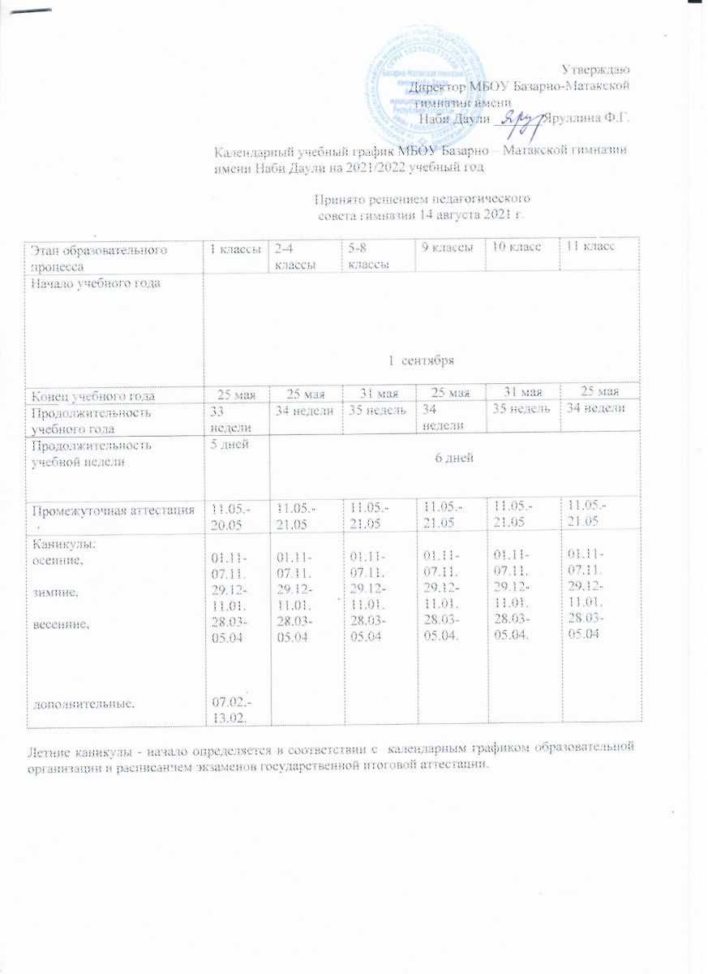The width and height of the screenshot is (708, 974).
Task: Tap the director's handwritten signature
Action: [x=520, y=119]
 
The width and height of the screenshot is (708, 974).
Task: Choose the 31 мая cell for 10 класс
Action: [x=519, y=395]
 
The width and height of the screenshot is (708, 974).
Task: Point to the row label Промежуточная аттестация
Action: [x=112, y=511]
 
